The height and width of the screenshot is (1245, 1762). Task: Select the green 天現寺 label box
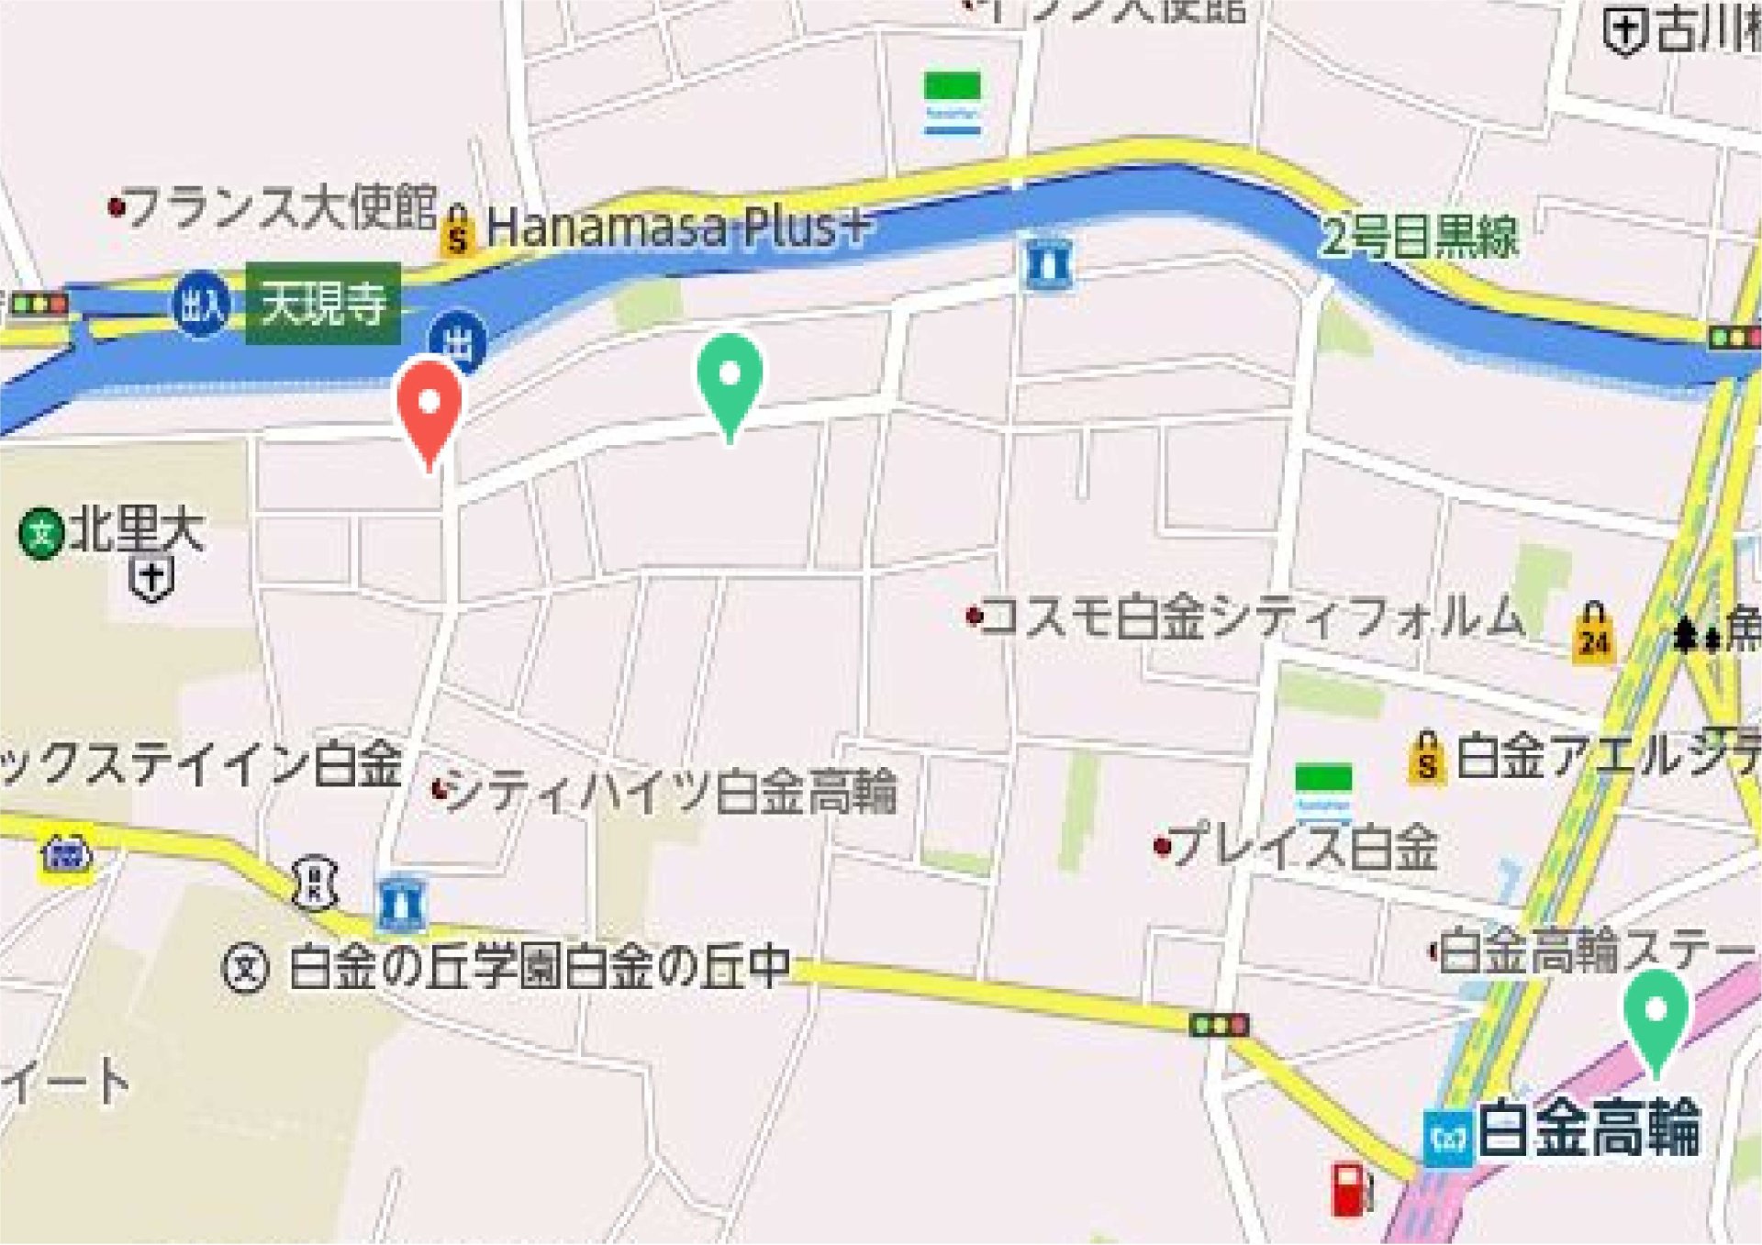[x=323, y=304]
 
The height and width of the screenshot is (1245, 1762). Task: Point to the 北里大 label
[x=136, y=529]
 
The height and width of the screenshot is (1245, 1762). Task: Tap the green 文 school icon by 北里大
[x=40, y=532]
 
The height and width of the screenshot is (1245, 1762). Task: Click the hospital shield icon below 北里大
[x=152, y=579]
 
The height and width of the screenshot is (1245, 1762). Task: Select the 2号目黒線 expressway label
[x=1419, y=237]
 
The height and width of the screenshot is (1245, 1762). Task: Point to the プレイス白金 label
[x=1303, y=846]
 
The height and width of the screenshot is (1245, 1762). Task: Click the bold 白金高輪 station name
[x=1589, y=1129]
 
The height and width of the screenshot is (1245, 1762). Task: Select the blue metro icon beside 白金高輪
[x=1447, y=1138]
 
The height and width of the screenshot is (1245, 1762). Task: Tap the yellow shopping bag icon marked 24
[x=1593, y=633]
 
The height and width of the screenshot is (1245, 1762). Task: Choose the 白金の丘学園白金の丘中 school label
[x=540, y=967]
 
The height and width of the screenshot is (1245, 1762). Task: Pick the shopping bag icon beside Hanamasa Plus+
[x=457, y=231]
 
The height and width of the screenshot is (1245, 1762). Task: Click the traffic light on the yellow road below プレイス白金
[x=1219, y=1025]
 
